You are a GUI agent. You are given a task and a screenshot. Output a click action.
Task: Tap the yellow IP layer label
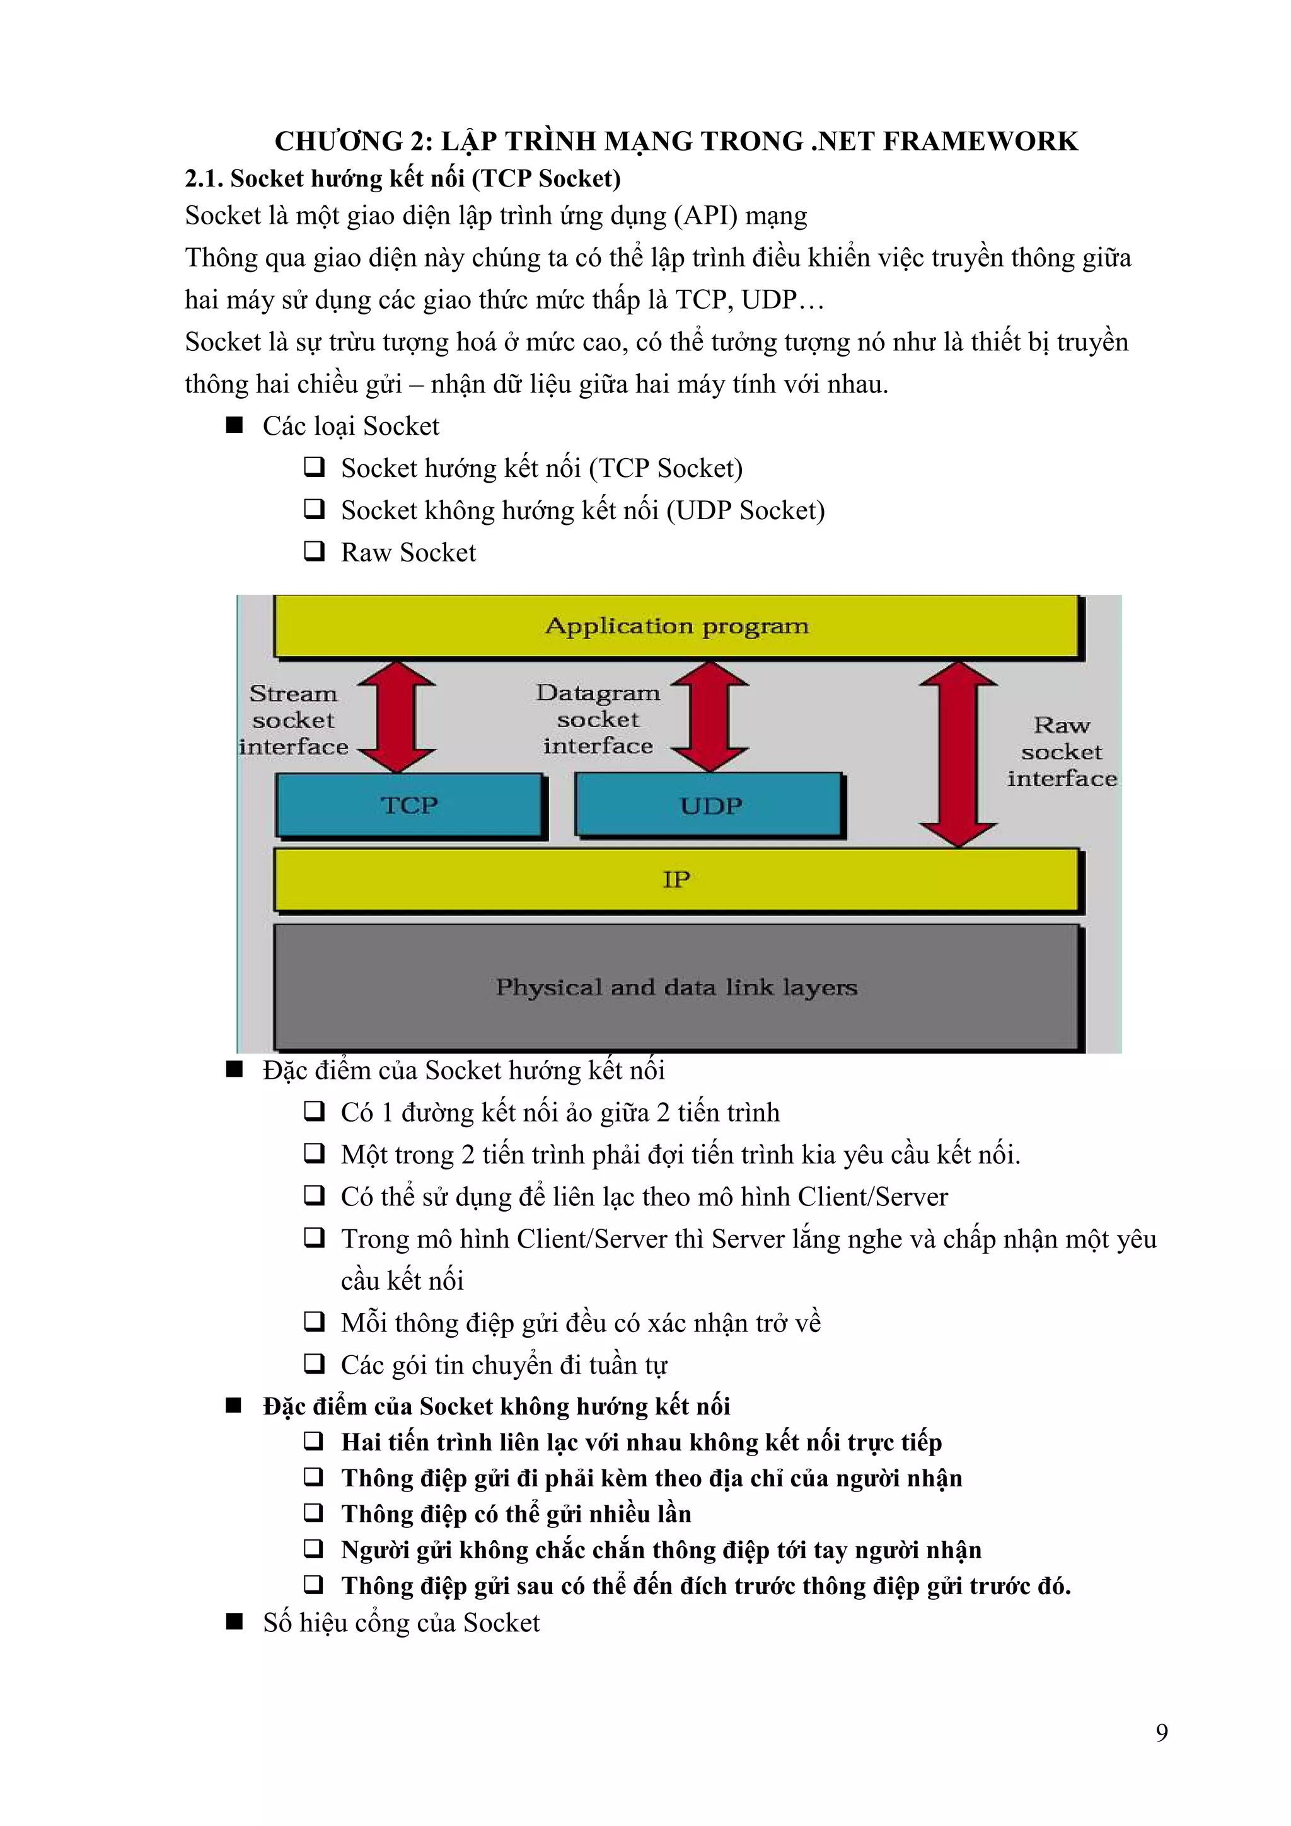676,879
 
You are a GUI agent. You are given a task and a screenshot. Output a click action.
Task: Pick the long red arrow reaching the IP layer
958,754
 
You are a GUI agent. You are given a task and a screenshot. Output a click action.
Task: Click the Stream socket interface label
294,720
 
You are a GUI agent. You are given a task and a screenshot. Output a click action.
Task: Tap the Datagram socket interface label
598,719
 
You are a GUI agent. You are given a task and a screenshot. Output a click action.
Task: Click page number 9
1161,1732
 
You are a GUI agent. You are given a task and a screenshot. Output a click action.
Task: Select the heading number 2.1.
204,178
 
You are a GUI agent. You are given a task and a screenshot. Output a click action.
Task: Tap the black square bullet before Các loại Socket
234,425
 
